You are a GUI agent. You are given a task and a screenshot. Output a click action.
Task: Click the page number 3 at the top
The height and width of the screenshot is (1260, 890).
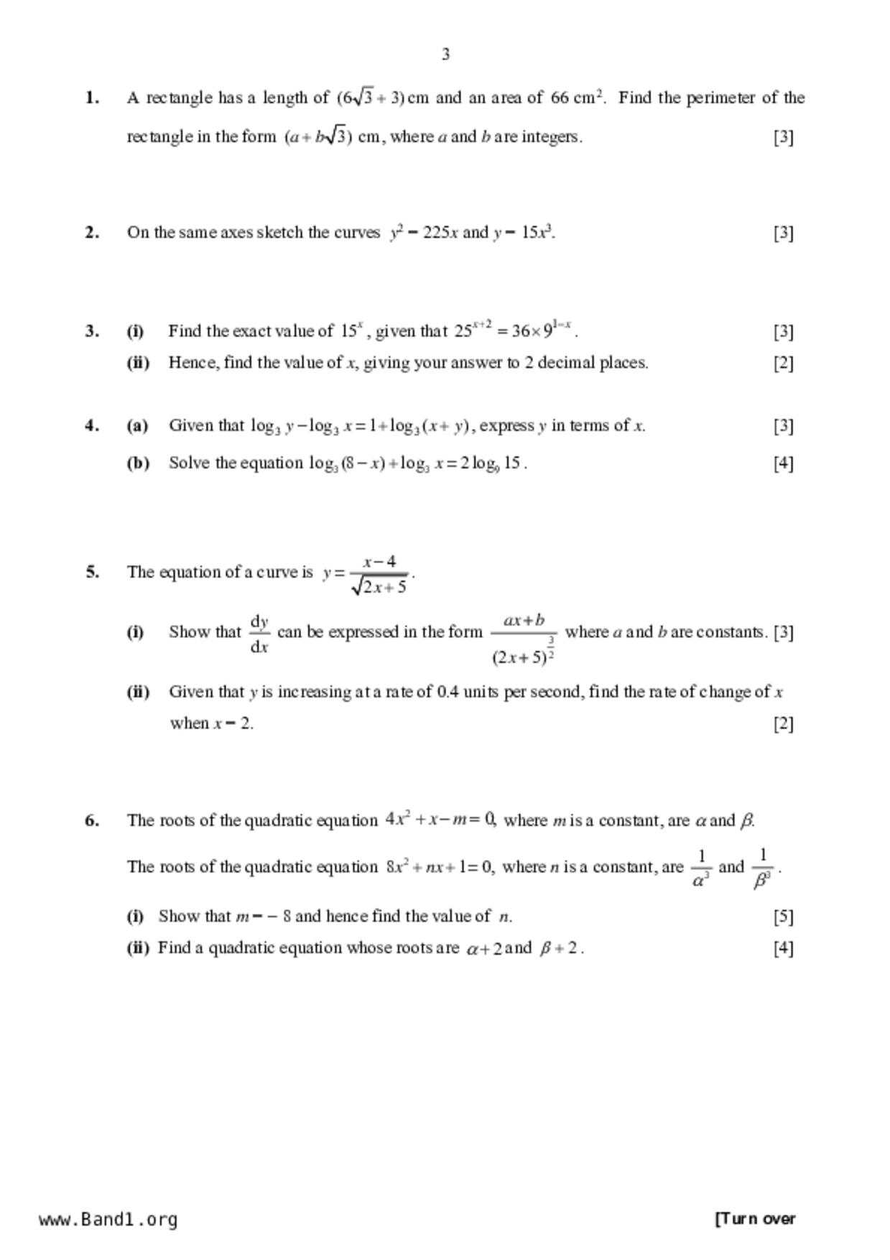click(x=445, y=55)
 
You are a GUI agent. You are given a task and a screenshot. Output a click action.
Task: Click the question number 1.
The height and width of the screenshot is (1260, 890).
click(x=91, y=98)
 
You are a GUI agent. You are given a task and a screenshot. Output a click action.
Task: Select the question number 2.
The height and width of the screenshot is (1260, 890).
click(x=91, y=232)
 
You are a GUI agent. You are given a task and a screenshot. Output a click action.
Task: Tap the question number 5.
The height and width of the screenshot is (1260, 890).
click(x=91, y=573)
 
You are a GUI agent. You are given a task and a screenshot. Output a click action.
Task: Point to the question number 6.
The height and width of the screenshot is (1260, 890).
click(x=91, y=820)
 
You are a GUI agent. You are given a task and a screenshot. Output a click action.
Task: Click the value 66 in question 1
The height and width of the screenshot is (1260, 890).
click(x=560, y=98)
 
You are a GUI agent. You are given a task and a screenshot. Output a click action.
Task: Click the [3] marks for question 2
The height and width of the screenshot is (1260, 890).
click(x=783, y=232)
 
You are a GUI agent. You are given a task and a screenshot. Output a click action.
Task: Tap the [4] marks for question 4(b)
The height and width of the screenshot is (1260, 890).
click(x=783, y=463)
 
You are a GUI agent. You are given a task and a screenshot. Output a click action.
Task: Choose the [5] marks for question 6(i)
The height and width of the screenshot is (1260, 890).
click(x=783, y=917)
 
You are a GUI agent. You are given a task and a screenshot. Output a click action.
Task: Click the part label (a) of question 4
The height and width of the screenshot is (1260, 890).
click(x=137, y=425)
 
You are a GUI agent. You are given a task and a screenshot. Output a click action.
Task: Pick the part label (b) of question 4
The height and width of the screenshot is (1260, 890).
click(x=138, y=463)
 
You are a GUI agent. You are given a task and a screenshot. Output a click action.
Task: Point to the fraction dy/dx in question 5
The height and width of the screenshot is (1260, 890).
click(x=259, y=633)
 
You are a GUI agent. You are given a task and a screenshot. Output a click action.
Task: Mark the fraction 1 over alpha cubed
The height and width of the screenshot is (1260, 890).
click(x=701, y=868)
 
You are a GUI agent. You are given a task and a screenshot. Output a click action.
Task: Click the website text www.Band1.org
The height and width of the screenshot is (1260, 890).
click(x=108, y=1219)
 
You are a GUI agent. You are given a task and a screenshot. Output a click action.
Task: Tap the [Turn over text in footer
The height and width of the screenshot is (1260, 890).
click(x=755, y=1218)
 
